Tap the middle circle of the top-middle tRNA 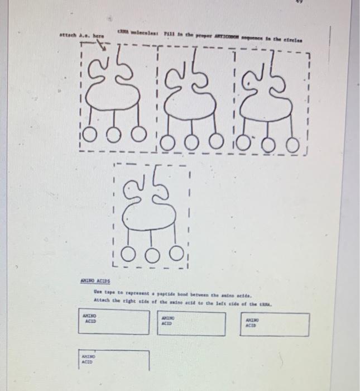tap(191, 143)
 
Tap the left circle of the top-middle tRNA tap(166, 144)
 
